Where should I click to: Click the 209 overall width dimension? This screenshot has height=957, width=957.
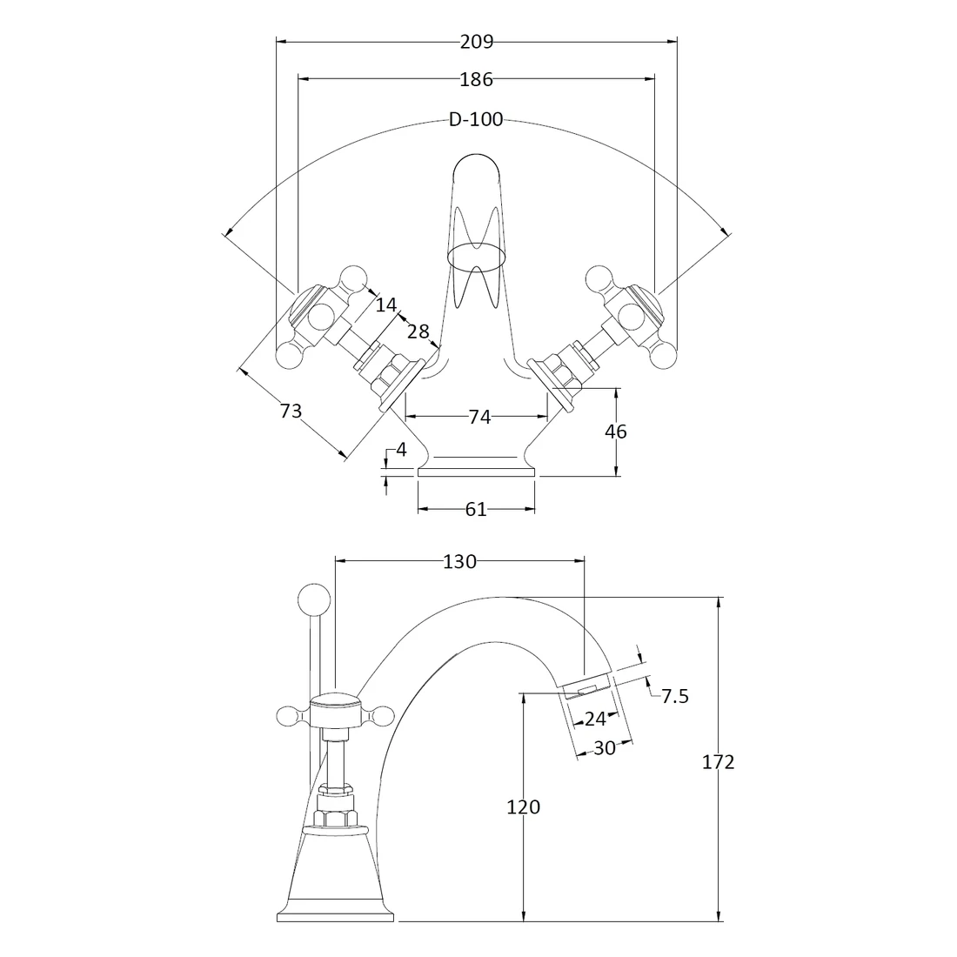(x=476, y=40)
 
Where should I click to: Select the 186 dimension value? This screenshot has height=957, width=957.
(x=476, y=79)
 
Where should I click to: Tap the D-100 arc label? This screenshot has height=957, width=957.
(x=476, y=120)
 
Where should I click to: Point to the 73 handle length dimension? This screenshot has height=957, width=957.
(x=291, y=411)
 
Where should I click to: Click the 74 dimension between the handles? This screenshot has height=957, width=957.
(x=479, y=418)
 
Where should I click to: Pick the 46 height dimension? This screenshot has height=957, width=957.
(x=615, y=432)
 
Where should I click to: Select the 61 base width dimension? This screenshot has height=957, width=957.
(x=475, y=510)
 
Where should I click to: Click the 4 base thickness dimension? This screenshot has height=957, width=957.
(x=400, y=450)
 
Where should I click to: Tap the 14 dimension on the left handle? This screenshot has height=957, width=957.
(x=386, y=304)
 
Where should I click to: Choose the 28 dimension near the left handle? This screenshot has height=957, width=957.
(x=418, y=331)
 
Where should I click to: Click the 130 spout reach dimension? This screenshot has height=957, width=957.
(x=459, y=562)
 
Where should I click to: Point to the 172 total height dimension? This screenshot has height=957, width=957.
(x=718, y=762)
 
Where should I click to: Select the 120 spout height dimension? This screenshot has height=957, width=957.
(x=523, y=807)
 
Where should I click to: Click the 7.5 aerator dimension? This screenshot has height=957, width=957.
(x=674, y=696)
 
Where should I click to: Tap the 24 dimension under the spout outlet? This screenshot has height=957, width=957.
(x=595, y=719)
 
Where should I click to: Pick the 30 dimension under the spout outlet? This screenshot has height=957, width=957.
(x=604, y=747)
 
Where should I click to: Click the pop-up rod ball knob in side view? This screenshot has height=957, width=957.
(x=313, y=599)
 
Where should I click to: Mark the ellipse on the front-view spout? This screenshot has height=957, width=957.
(x=476, y=255)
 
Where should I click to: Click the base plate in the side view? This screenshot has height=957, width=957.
(x=337, y=915)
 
